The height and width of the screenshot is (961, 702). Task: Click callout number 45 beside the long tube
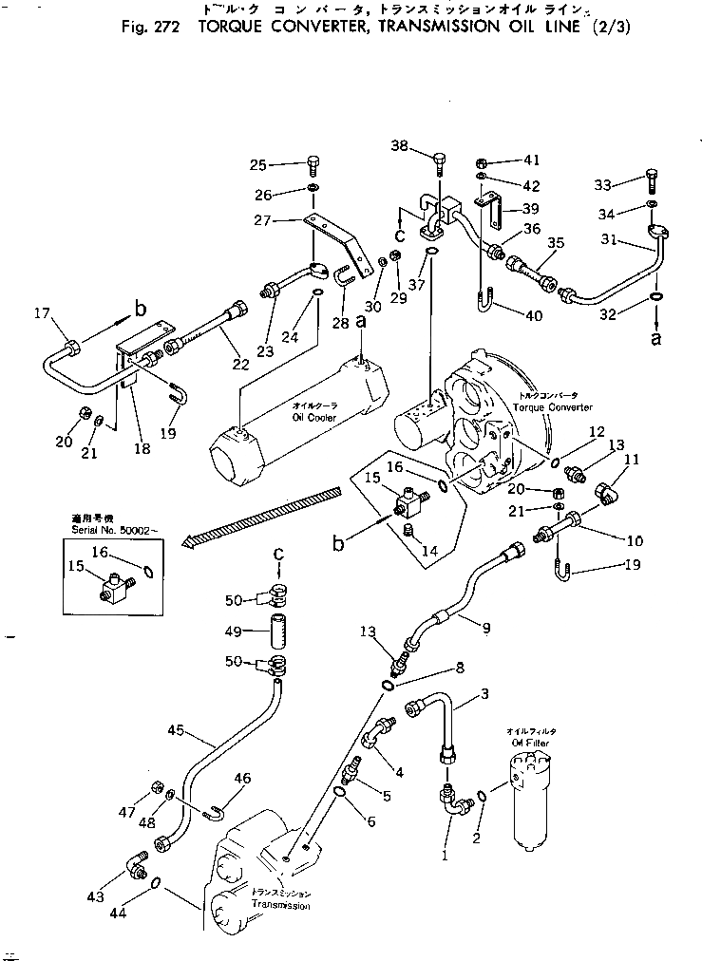pos(175,730)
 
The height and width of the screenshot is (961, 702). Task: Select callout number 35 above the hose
pos(556,244)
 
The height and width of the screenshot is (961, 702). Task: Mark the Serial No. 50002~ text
pos(104,540)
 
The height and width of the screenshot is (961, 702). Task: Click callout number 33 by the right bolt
pos(604,185)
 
